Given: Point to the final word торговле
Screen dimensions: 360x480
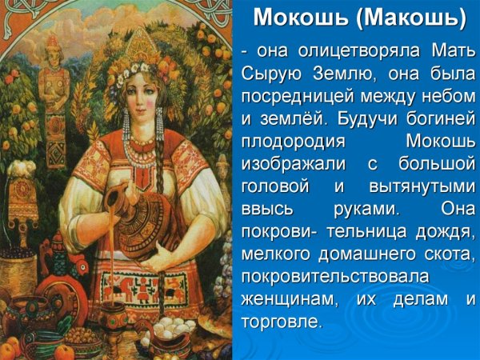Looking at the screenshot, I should click(280, 321).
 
